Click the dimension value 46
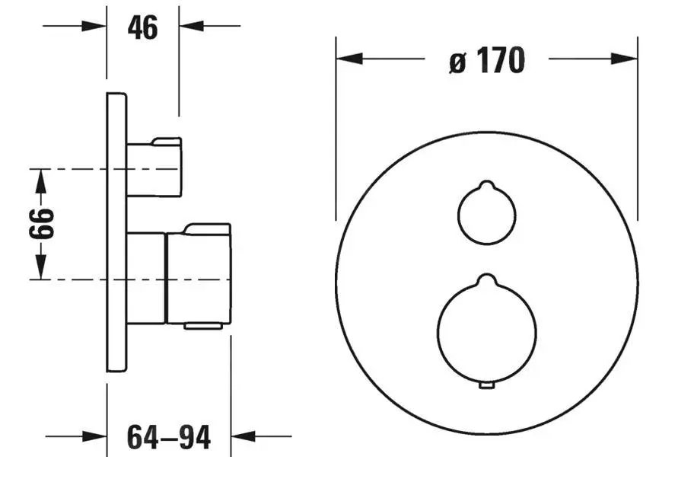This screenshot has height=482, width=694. (142, 27)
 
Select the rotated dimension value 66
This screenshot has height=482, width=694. (41, 224)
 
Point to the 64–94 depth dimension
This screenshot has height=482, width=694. (169, 437)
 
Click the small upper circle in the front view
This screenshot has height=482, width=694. (458, 215)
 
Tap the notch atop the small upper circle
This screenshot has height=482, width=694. (486, 184)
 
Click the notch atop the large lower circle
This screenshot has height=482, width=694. (487, 278)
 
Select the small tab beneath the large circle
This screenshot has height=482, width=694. (487, 386)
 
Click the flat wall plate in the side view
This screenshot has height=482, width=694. (116, 232)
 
